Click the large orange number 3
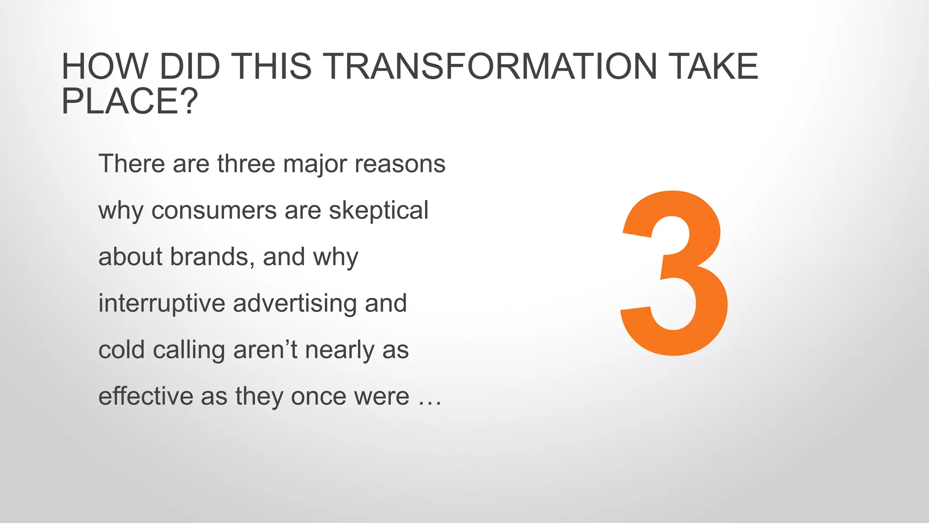click(x=675, y=272)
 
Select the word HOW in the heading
click(x=105, y=67)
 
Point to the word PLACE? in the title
click(x=130, y=102)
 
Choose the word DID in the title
click(x=190, y=67)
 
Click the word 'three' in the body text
click(x=246, y=163)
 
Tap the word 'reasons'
click(x=400, y=163)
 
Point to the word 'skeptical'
click(x=378, y=211)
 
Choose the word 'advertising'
click(x=295, y=303)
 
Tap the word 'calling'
click(x=189, y=350)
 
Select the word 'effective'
click(x=146, y=396)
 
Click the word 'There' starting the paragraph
click(x=132, y=163)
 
